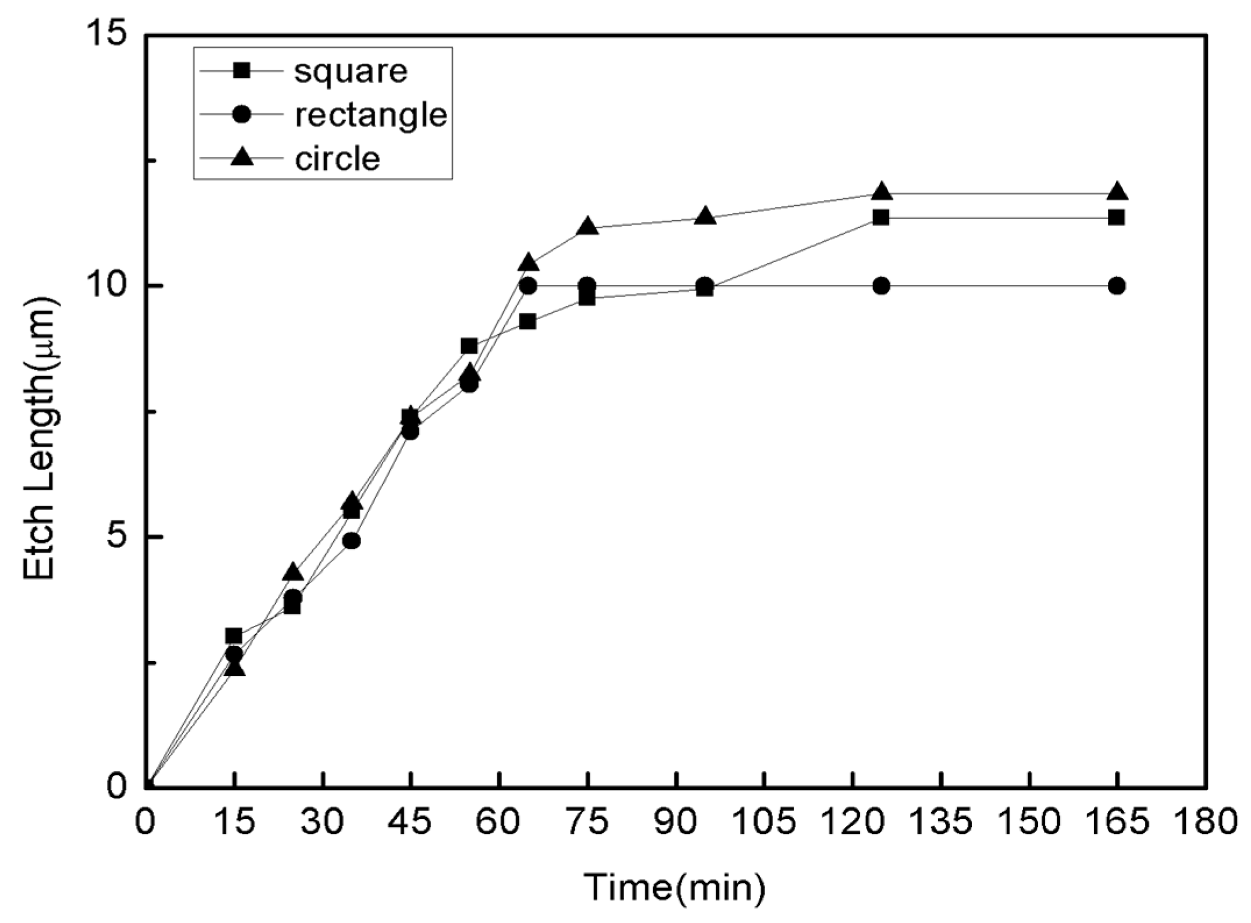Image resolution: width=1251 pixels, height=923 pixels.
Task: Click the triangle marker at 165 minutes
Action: [x=1117, y=192]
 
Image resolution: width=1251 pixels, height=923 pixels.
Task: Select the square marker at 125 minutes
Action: [x=881, y=218]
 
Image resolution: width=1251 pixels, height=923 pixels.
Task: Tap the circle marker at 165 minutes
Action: [x=1117, y=286]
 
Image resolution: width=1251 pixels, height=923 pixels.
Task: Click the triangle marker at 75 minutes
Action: [x=587, y=227]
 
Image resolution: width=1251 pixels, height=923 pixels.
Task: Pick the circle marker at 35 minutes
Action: [x=351, y=541]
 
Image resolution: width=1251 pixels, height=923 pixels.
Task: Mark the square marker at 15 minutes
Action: [x=234, y=636]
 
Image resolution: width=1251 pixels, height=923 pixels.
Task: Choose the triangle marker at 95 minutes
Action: [x=705, y=216]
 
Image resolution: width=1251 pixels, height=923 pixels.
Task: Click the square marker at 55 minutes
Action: [x=469, y=346]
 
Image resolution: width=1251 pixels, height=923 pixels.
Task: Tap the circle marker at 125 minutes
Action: [x=881, y=286]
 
